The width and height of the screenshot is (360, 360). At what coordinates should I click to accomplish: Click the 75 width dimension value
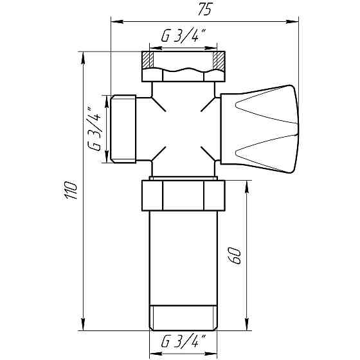pyautogui.click(x=205, y=10)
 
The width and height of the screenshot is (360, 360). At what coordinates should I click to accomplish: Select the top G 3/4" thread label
pyautogui.click(x=183, y=38)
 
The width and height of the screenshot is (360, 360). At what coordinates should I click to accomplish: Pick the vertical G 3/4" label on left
pyautogui.click(x=94, y=129)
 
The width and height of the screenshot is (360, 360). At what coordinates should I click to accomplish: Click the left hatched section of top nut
pyautogui.click(x=148, y=62)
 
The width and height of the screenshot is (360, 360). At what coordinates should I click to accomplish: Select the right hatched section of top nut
pyautogui.click(x=219, y=62)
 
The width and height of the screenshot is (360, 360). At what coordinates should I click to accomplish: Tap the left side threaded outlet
pyautogui.click(x=124, y=128)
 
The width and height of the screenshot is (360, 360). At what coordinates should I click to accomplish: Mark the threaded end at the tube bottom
pyautogui.click(x=183, y=317)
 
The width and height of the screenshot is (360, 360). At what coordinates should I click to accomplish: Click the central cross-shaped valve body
pyautogui.click(x=183, y=128)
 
